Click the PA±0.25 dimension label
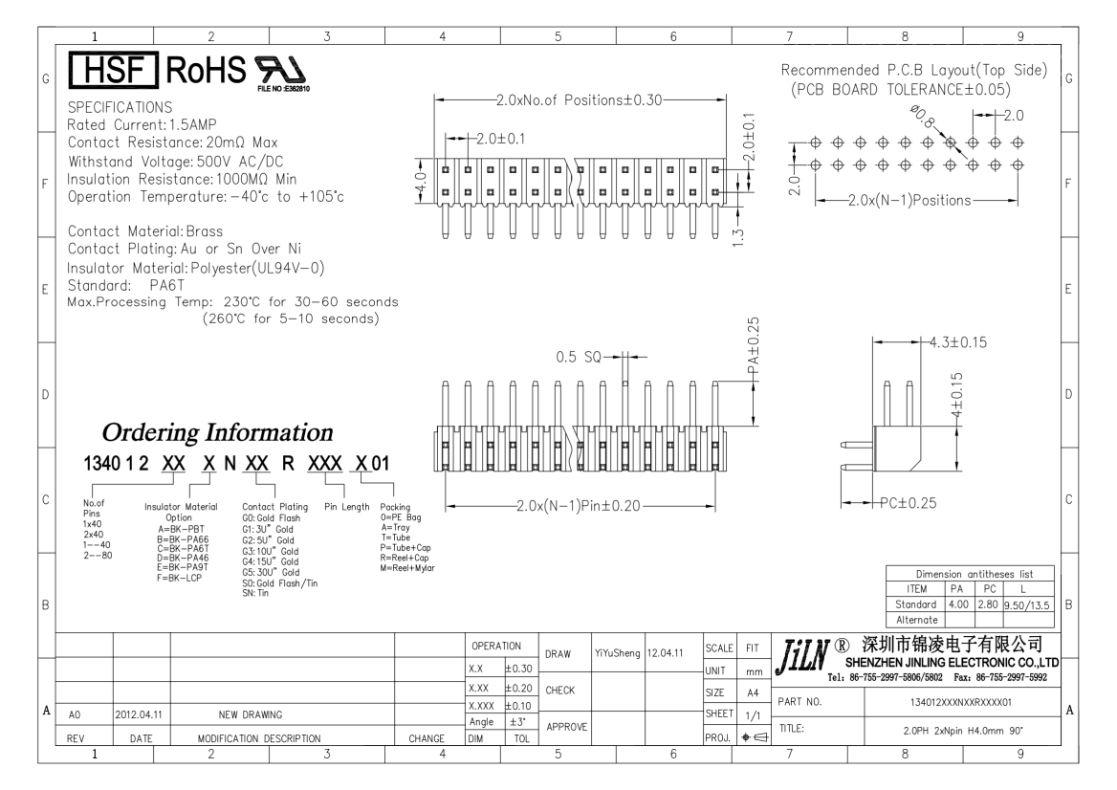pyautogui.click(x=756, y=345)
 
